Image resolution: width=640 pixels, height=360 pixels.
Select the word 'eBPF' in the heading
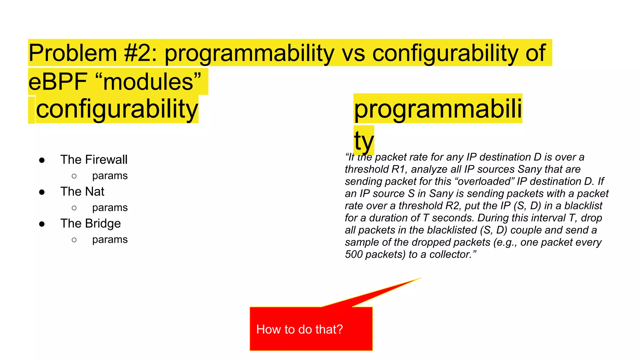point(58,82)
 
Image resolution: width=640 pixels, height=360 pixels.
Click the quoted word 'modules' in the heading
point(148,82)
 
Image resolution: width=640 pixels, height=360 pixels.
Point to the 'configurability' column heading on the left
point(117,109)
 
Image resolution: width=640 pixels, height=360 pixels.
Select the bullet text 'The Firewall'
point(94,160)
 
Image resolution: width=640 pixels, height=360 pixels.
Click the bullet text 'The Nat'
point(82,192)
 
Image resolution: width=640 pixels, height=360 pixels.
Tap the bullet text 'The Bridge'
point(90,223)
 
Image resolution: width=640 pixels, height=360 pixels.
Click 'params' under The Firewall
point(110,176)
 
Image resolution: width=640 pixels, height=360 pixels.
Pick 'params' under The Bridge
point(110,239)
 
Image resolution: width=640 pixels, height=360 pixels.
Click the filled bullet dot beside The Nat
point(42,192)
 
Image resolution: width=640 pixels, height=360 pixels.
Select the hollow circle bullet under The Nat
point(74,208)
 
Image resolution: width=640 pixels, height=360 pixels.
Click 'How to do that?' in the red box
point(299,329)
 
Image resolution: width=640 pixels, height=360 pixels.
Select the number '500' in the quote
point(354,254)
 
